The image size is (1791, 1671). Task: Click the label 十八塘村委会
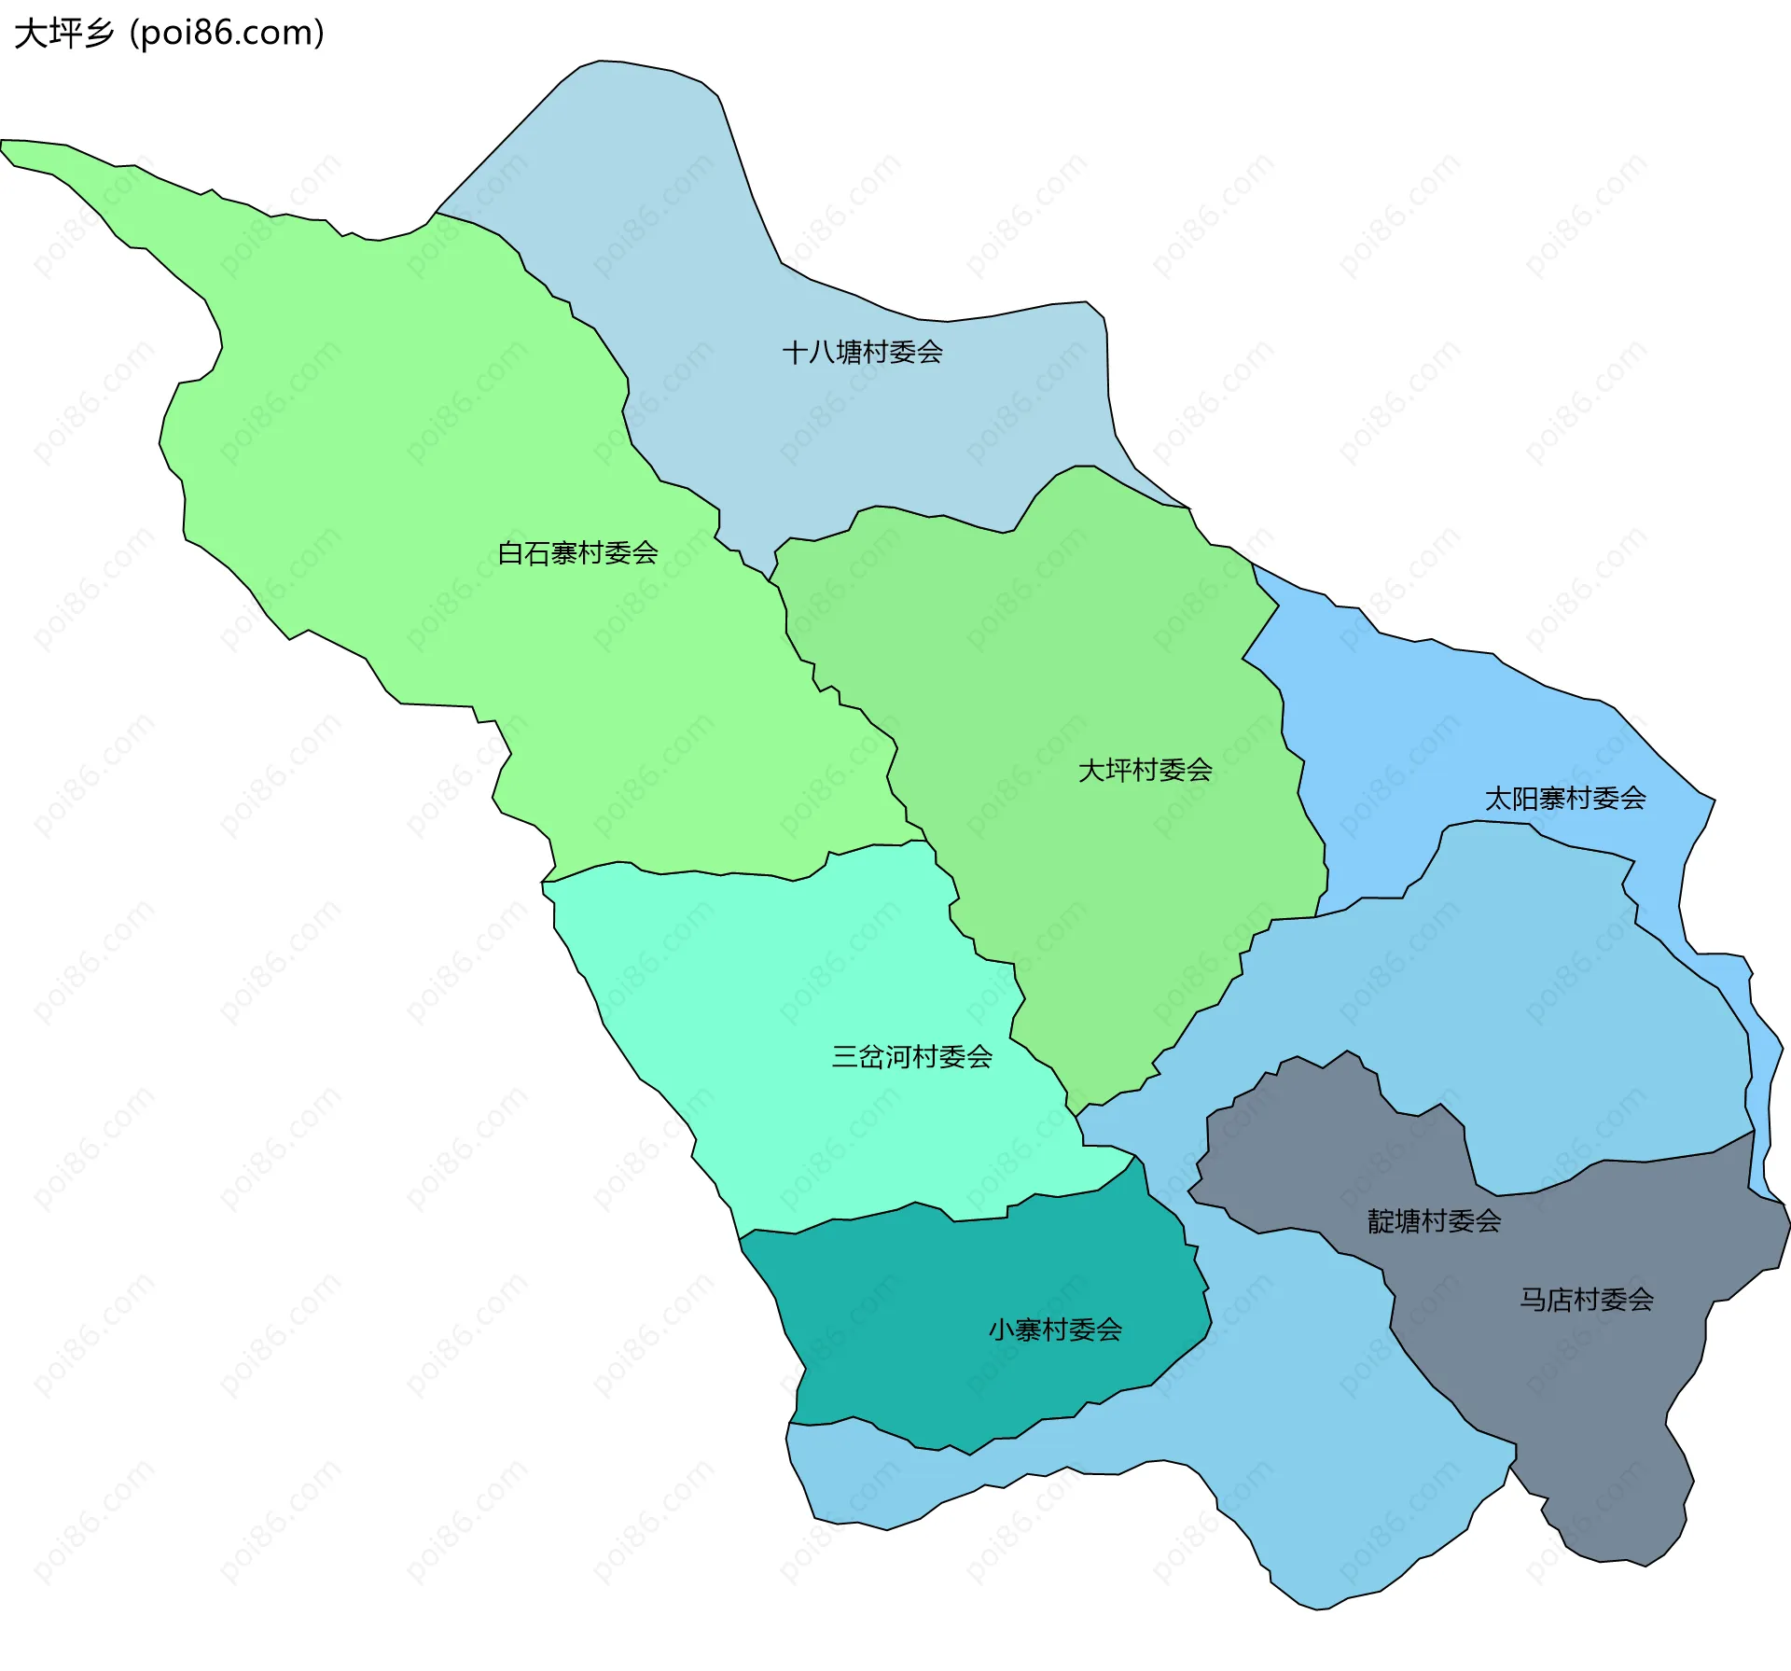click(862, 353)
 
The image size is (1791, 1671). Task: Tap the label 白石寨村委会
click(577, 553)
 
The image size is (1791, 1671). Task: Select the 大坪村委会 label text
click(1145, 771)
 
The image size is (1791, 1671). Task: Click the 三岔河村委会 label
click(911, 1057)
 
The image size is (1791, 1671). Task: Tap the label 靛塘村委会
click(1434, 1221)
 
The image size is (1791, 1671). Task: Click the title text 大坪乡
click(63, 34)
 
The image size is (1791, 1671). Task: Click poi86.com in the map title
click(228, 34)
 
